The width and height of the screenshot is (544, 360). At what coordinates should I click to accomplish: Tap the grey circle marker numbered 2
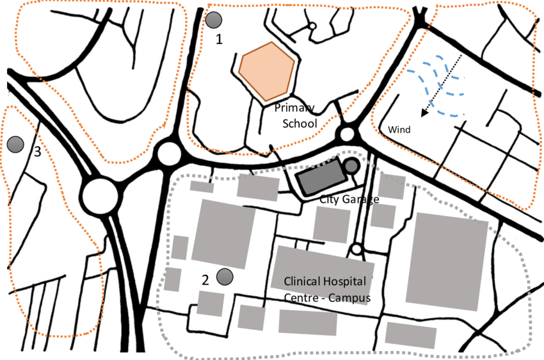225,277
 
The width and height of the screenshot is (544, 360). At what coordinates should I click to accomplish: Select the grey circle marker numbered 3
15,144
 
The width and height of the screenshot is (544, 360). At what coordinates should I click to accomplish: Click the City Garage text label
349,199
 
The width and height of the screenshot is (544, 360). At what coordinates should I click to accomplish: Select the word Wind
399,130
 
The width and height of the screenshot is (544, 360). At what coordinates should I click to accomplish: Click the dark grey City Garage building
318,177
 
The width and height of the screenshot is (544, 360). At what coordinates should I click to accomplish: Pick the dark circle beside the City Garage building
351,167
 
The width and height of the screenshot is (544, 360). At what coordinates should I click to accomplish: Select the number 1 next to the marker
220,39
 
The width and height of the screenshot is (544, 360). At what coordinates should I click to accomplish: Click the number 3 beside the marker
37,152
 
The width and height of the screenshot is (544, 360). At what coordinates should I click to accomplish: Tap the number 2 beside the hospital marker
205,280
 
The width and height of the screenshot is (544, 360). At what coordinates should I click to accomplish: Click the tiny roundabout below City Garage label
356,249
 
